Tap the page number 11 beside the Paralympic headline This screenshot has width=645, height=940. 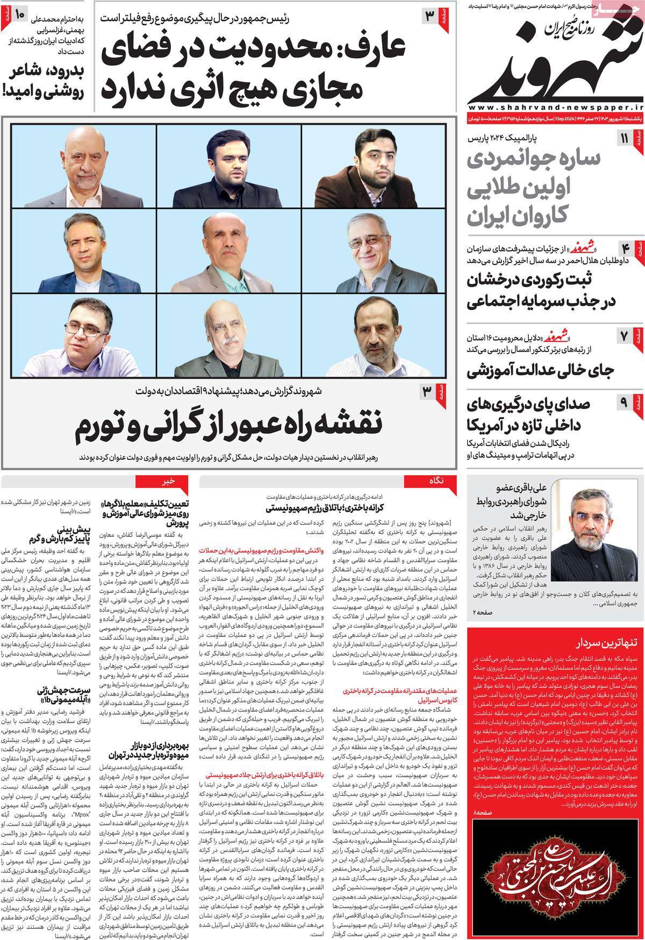tap(625, 139)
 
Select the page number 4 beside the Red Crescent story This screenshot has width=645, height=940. tap(625, 248)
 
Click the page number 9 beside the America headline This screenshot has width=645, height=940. tap(625, 401)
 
